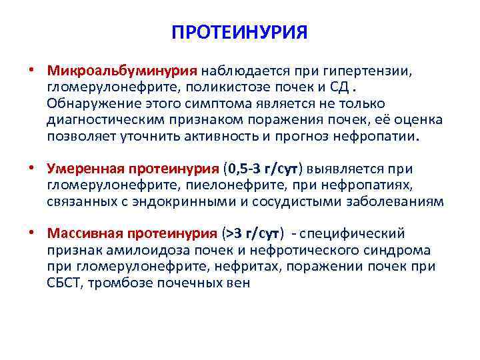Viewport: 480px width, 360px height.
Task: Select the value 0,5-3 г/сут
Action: pyautogui.click(x=263, y=169)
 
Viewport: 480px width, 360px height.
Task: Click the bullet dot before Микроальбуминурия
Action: pyautogui.click(x=31, y=70)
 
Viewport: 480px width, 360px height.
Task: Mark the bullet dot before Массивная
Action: pyautogui.click(x=31, y=233)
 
